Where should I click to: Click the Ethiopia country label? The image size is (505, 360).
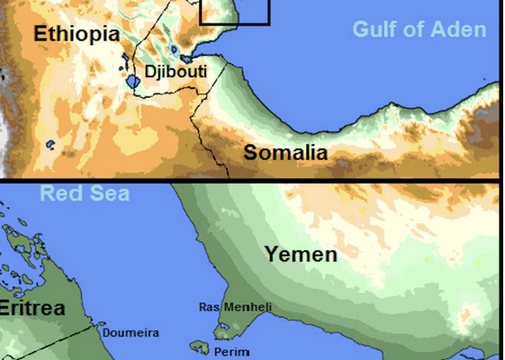pyautogui.click(x=77, y=34)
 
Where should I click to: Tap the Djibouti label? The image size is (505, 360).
pyautogui.click(x=176, y=71)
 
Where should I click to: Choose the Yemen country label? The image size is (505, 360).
pyautogui.click(x=301, y=255)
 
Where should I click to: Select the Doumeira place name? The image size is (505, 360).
pyautogui.click(x=131, y=333)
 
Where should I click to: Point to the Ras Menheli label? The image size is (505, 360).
pyautogui.click(x=234, y=307)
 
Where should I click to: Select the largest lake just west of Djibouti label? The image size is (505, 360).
pyautogui.click(x=133, y=82)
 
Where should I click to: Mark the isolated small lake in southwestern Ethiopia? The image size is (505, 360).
pyautogui.click(x=51, y=144)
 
